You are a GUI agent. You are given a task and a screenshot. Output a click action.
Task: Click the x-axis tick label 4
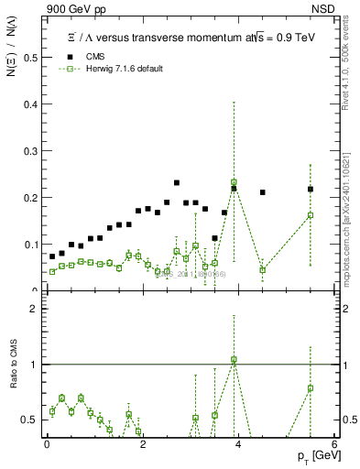click(x=238, y=442)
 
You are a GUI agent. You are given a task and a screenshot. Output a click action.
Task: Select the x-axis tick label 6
click(x=333, y=442)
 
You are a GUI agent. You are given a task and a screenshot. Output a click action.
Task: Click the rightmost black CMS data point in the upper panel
click(x=311, y=190)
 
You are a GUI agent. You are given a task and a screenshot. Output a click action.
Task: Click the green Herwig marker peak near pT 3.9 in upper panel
click(x=234, y=182)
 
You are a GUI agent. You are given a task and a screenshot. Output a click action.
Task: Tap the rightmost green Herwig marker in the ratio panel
click(x=311, y=387)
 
